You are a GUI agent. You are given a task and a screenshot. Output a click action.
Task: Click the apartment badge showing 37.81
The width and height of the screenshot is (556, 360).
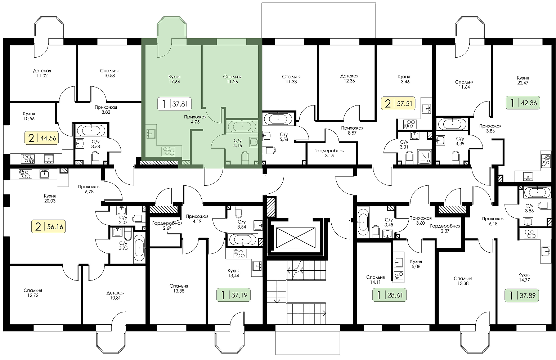174,103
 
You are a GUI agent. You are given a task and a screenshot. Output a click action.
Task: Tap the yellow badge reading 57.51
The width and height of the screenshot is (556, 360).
398,103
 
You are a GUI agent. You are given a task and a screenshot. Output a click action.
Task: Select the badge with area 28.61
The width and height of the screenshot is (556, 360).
389,295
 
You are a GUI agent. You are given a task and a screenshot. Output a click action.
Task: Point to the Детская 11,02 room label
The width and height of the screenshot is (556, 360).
42,73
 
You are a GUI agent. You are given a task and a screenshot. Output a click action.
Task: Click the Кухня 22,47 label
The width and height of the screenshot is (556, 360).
523,80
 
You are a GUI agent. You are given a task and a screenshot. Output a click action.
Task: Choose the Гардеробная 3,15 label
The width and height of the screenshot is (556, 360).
329,153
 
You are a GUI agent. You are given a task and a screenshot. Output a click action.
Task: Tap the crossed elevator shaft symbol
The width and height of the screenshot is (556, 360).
296,238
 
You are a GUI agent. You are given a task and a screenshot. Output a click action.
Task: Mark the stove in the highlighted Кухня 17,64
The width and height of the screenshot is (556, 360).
168,151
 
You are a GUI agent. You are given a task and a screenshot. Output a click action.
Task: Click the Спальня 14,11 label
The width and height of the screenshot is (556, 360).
375,280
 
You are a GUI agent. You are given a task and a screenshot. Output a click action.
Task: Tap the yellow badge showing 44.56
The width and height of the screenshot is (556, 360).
42,138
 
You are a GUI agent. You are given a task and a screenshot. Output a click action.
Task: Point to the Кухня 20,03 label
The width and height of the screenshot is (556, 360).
50,198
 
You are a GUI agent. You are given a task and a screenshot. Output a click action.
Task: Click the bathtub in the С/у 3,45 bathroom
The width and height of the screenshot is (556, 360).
363,222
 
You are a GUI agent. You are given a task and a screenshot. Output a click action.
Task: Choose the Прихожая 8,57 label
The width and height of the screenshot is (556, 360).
352,131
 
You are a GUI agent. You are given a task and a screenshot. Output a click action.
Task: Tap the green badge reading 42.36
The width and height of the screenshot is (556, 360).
523,103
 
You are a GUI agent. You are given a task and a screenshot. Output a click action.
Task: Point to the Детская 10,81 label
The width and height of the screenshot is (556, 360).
116,295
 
